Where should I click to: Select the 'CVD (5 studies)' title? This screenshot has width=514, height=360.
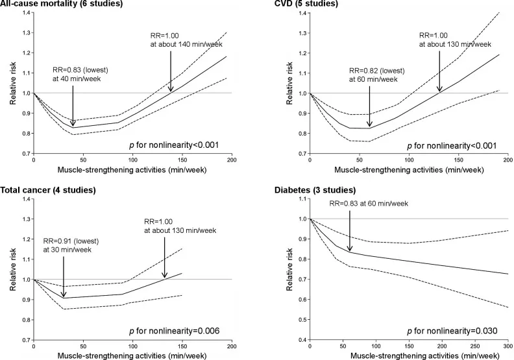point(306,4)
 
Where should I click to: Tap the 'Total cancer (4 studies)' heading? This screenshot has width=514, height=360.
point(48,190)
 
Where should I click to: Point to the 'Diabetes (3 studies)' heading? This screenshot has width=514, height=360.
point(315,190)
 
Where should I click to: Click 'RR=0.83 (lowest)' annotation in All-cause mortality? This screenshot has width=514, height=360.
point(80,70)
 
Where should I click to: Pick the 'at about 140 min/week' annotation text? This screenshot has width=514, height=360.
point(186,44)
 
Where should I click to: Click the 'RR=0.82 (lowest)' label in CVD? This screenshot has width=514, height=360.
point(377,71)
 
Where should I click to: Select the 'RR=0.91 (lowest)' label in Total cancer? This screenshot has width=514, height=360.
point(71,241)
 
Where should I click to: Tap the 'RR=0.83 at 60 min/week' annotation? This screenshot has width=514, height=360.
point(369,204)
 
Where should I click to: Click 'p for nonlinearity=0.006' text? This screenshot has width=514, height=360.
point(174,331)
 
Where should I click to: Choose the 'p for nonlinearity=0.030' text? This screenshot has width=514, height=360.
point(452,331)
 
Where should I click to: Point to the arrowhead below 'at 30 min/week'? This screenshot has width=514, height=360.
point(63,294)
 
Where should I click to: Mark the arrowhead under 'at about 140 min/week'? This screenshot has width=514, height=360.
point(171,88)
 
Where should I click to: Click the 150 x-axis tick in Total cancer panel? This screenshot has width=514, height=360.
point(182,346)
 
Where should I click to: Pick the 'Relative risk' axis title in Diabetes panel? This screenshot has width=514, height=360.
point(289,269)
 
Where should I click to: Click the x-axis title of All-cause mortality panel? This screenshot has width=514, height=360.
point(132,170)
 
